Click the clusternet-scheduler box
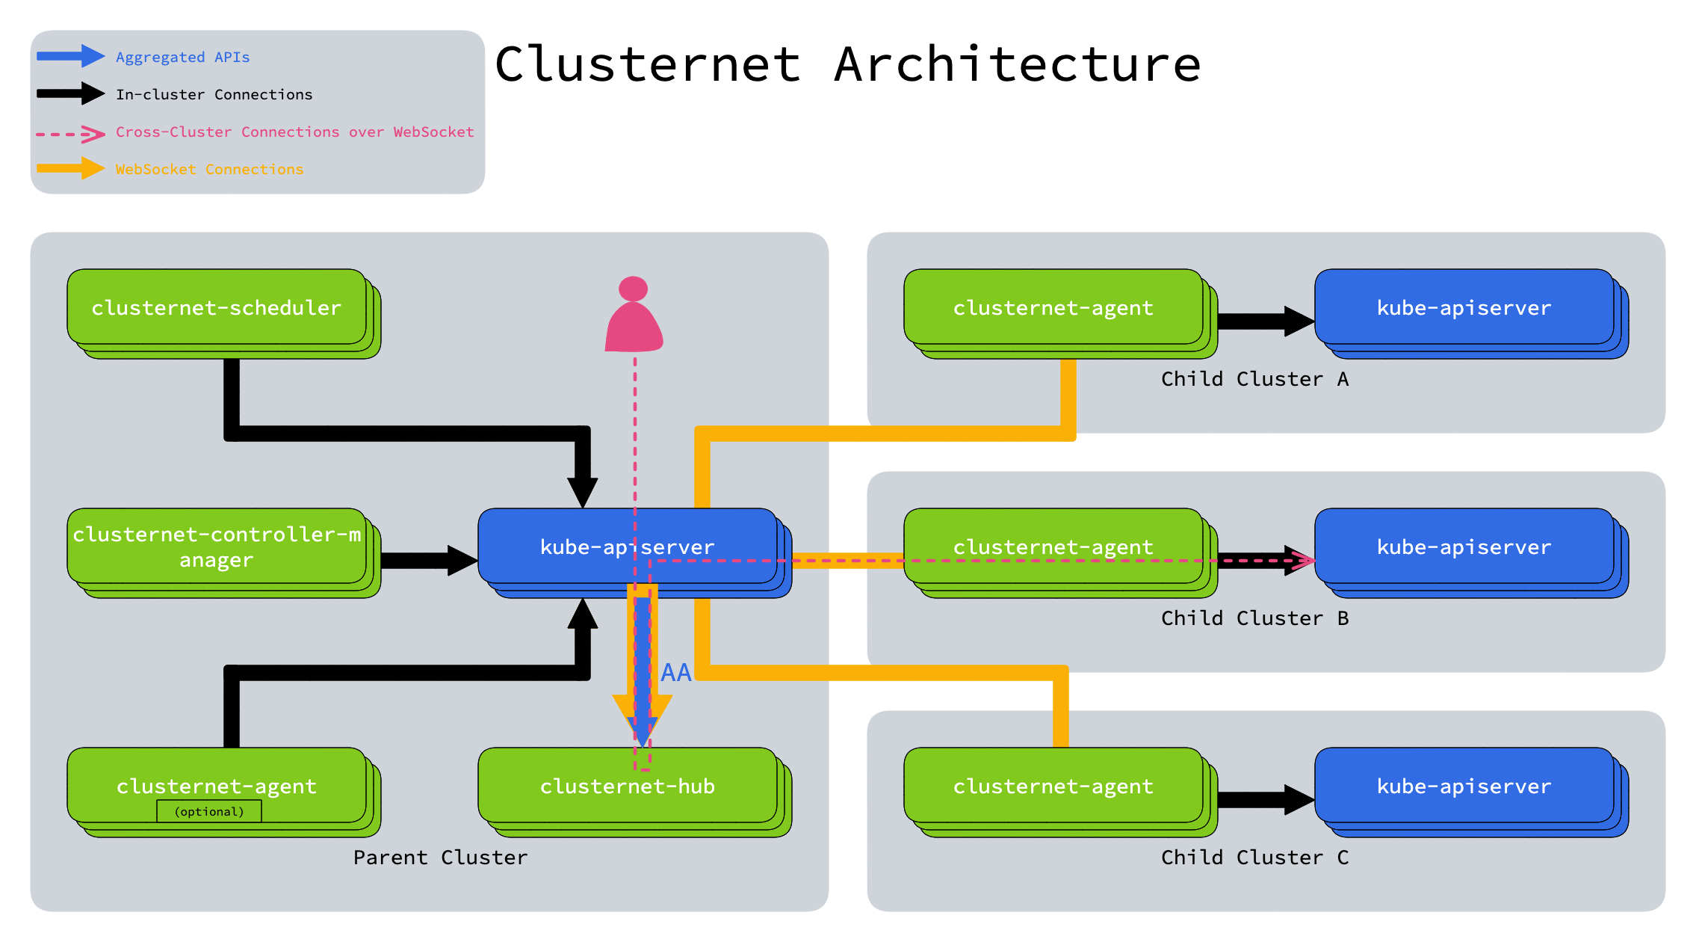(x=217, y=308)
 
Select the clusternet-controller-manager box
(x=217, y=547)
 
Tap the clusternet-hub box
(x=628, y=786)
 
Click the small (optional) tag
(x=209, y=811)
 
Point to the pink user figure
(x=634, y=318)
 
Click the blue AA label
(x=676, y=673)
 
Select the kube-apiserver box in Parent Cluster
(x=568, y=547)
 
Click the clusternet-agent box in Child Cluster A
(x=1053, y=308)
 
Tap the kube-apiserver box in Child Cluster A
(x=1464, y=308)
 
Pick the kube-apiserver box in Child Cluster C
(x=1464, y=786)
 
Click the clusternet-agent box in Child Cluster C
(x=1053, y=786)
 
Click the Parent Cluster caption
(x=441, y=858)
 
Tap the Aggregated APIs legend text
(x=183, y=58)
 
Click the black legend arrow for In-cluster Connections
(x=70, y=93)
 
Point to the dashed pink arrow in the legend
(x=70, y=135)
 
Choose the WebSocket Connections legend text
(x=210, y=170)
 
